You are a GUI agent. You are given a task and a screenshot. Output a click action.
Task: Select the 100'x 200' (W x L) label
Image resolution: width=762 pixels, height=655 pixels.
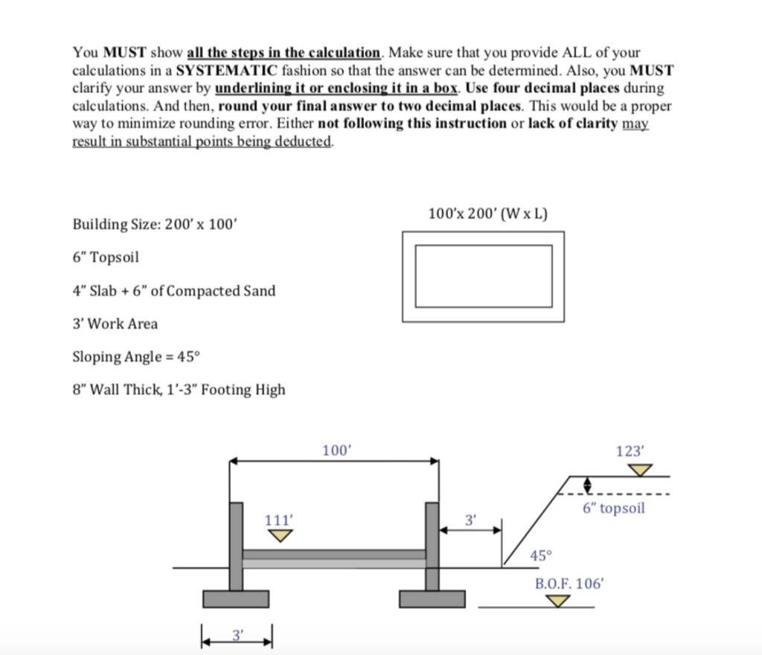487,214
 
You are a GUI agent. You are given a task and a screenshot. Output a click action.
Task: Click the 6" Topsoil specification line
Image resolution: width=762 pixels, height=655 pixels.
106,258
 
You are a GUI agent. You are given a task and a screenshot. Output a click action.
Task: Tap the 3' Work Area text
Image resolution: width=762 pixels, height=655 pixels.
115,324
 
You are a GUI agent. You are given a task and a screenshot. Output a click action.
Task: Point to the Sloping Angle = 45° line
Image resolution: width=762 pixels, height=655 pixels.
137,357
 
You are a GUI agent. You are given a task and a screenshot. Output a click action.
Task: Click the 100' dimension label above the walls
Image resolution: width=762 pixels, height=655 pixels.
336,450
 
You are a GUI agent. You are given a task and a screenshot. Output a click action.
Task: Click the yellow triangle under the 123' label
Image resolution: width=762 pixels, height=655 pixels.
638,469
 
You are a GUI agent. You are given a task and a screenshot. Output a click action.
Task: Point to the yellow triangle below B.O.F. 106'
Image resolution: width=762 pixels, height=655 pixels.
551,600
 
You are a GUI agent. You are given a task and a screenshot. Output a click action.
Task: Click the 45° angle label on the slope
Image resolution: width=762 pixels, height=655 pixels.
541,555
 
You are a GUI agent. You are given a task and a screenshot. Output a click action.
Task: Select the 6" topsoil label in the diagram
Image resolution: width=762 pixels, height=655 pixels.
613,508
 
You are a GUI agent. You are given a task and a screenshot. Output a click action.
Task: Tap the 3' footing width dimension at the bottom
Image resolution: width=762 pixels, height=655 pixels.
237,634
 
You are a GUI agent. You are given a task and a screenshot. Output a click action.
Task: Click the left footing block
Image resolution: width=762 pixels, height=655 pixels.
236,598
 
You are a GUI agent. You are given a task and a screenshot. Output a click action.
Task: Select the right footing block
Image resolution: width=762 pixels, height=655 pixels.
432,598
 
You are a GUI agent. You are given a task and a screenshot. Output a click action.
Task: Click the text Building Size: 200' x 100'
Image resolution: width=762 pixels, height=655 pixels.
155,224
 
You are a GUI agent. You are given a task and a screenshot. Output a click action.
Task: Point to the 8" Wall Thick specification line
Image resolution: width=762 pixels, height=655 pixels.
179,389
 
